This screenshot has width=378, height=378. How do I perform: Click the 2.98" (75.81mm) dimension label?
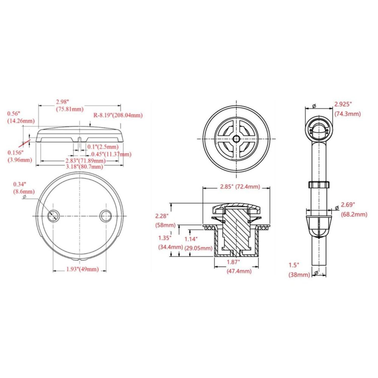click(69, 106)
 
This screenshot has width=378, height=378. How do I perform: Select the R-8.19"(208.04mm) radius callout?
click(118, 115)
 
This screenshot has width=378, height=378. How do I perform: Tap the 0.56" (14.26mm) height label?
click(21, 117)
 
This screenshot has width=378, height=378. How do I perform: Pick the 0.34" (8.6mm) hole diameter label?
click(24, 188)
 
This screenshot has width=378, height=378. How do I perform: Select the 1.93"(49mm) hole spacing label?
click(82, 269)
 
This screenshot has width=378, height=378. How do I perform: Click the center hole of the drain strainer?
click(236, 139)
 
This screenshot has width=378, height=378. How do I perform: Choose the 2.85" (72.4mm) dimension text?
click(240, 187)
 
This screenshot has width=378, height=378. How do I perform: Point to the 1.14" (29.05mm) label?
click(198, 243)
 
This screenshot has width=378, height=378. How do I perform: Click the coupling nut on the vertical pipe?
click(319, 184)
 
